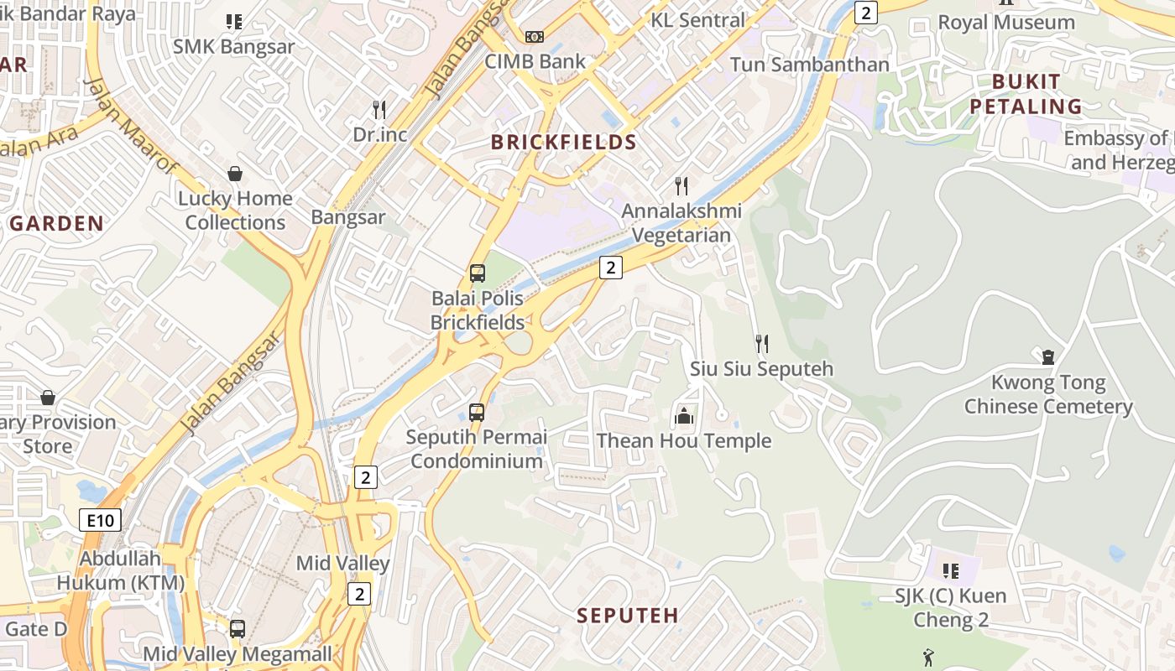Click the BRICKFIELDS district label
click(x=563, y=142)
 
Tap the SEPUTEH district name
click(x=627, y=615)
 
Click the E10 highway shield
click(x=101, y=520)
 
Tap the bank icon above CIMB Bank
click(x=535, y=37)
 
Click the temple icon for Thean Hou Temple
click(x=684, y=415)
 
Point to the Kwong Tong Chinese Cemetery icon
click(x=1048, y=357)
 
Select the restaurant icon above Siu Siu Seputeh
click(x=761, y=343)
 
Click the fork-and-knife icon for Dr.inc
click(x=379, y=109)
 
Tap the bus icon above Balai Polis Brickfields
click(x=477, y=273)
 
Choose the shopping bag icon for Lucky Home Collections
click(x=235, y=174)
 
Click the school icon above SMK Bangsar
click(x=233, y=22)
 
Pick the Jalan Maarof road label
click(x=131, y=125)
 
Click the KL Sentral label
click(x=697, y=20)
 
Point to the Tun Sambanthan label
click(x=809, y=65)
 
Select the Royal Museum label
click(x=1005, y=23)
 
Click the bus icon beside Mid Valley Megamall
click(x=238, y=628)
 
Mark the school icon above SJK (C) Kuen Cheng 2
click(x=950, y=571)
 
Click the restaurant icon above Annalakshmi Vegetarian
click(x=681, y=185)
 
